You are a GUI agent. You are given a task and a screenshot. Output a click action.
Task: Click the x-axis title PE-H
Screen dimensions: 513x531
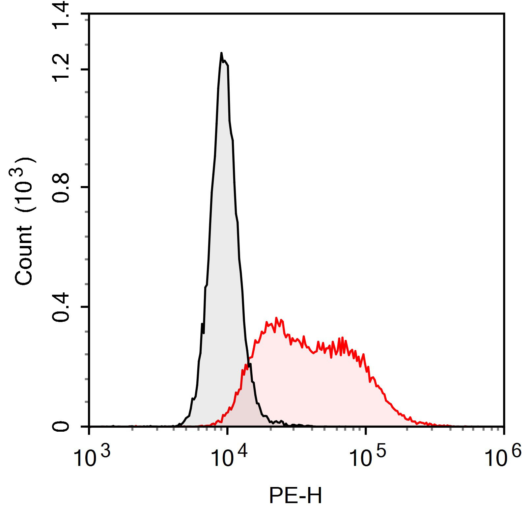click(295, 496)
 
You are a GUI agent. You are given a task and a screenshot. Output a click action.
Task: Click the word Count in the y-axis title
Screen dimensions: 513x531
click(24, 255)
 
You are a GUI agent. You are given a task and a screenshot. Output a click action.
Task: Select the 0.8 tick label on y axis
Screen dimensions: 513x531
click(61, 187)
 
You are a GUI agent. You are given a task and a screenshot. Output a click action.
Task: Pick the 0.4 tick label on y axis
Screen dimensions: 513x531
click(61, 307)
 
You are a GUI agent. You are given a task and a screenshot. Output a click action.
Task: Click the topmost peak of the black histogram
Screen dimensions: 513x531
click(221, 53)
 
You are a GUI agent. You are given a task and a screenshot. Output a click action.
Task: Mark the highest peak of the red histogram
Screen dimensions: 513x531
click(276, 318)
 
